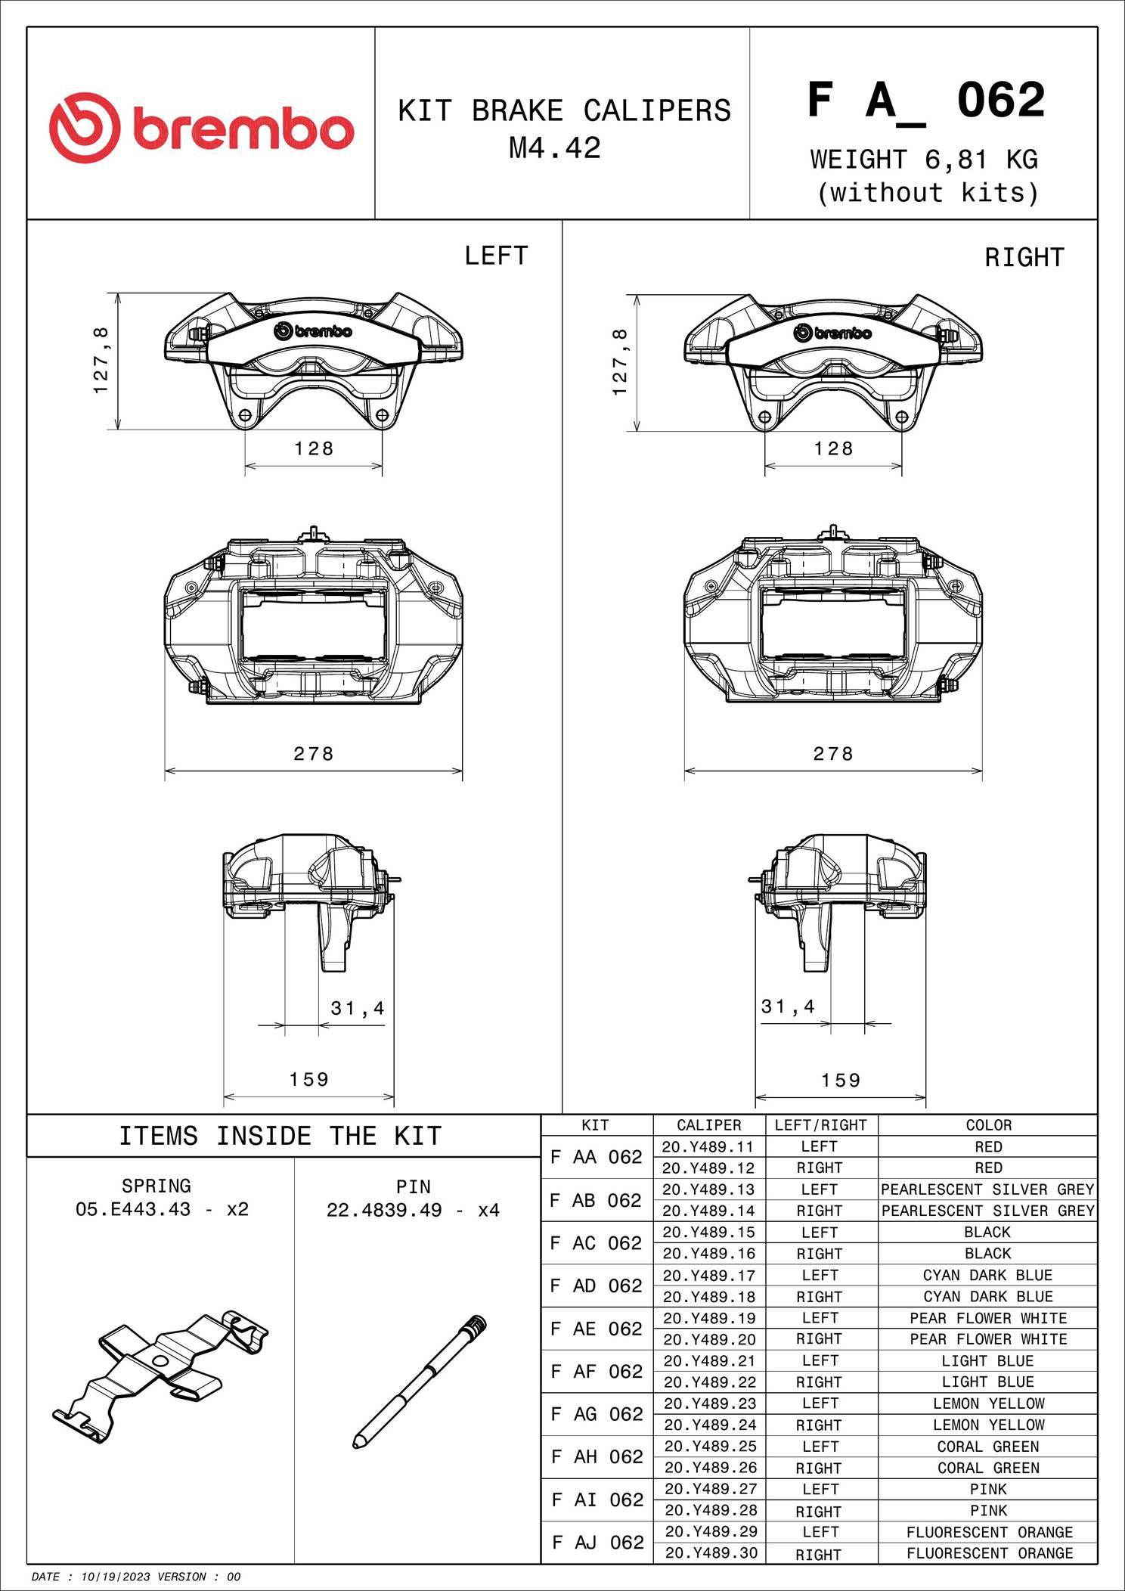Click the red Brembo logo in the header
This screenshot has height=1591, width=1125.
tap(201, 128)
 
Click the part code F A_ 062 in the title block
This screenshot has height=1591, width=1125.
tap(925, 101)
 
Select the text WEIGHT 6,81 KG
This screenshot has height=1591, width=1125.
tap(924, 160)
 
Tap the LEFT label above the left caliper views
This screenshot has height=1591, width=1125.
tap(496, 256)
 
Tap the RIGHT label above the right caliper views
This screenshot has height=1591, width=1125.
tap(1024, 258)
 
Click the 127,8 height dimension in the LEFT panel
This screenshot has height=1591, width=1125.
tap(101, 361)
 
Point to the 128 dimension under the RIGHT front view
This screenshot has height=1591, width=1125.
tap(833, 448)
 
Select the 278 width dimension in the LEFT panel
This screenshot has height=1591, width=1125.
tap(314, 753)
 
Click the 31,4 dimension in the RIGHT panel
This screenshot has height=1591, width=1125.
tap(788, 1006)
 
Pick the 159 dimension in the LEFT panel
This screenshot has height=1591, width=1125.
tap(309, 1079)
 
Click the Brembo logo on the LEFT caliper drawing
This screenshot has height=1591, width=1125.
tap(313, 331)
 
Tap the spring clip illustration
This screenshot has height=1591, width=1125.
tap(160, 1376)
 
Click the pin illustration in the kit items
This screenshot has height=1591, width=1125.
tap(420, 1382)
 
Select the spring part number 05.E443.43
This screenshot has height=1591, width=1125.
tap(133, 1209)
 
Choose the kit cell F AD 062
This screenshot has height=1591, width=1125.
tap(597, 1286)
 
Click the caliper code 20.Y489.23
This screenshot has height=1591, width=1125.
tap(708, 1403)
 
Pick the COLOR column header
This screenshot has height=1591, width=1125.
tap(988, 1125)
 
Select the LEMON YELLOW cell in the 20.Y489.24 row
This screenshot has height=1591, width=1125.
tap(988, 1425)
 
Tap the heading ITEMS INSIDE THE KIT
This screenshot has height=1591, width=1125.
tap(280, 1136)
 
